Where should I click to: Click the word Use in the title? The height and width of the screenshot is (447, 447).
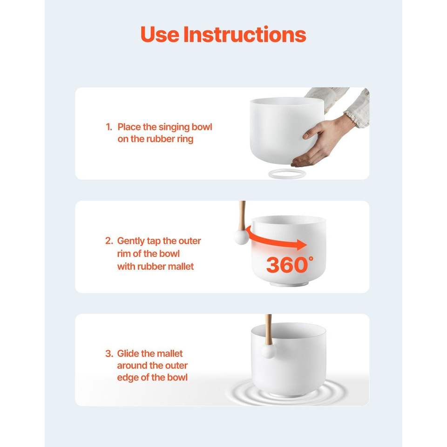point(160,34)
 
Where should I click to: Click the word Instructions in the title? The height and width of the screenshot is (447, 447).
point(245,34)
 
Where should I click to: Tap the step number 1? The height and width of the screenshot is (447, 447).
point(108,127)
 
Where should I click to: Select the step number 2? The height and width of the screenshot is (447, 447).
point(109,241)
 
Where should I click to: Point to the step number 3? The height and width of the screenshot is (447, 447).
point(109,354)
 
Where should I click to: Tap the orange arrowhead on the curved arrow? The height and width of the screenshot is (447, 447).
point(302,244)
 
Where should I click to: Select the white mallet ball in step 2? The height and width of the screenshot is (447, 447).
point(242,237)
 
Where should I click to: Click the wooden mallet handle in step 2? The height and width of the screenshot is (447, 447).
point(242,216)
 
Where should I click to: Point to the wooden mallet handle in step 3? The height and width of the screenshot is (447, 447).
point(268,330)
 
